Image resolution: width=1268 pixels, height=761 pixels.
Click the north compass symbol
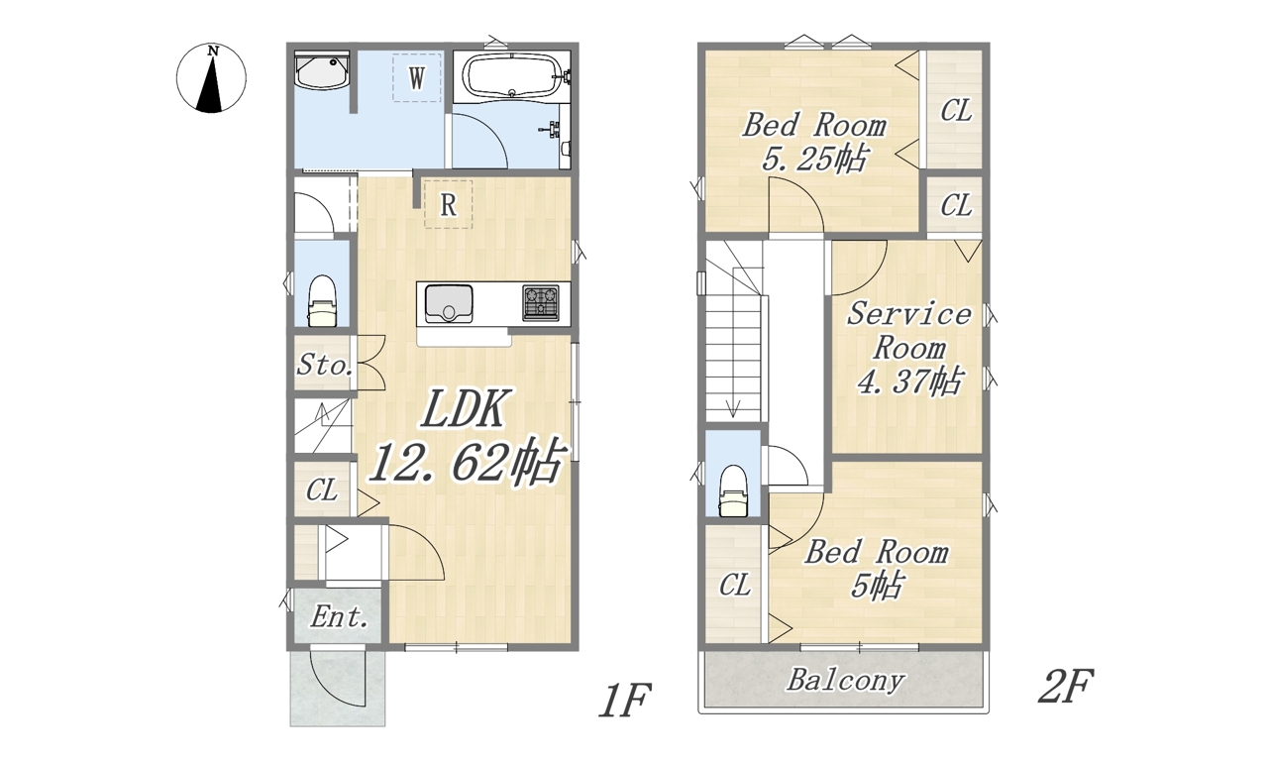[211, 77]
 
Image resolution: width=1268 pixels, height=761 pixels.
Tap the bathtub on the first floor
[513, 76]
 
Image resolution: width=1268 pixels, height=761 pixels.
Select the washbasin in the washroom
[322, 71]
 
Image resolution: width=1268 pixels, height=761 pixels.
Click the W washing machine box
[417, 77]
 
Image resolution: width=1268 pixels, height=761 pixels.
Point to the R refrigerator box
[449, 204]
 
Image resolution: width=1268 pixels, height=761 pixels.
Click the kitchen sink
[449, 303]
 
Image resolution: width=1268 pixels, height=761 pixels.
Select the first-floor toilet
[322, 301]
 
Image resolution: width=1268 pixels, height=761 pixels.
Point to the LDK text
[463, 407]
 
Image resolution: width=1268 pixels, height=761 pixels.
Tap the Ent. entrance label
[339, 616]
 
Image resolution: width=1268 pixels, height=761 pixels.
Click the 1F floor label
[625, 700]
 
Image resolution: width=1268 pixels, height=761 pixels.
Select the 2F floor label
[1065, 686]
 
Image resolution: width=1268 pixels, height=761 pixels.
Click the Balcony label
[846, 680]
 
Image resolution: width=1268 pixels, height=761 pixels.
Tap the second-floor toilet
[734, 490]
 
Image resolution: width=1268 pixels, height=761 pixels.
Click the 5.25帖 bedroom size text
[813, 159]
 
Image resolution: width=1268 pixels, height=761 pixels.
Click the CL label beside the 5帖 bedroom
[734, 585]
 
